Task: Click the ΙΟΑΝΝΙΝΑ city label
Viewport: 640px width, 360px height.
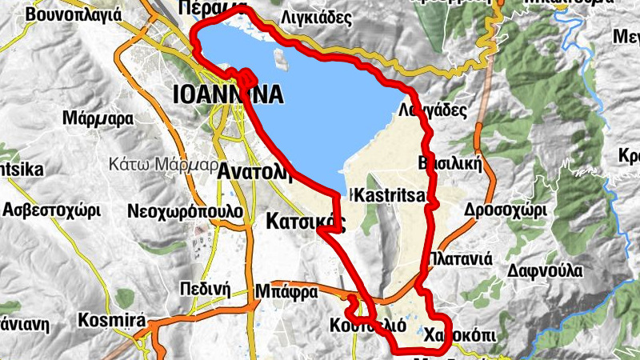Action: [227, 96]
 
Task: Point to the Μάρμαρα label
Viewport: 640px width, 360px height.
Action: [97, 120]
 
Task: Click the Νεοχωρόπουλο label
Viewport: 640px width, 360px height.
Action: [185, 211]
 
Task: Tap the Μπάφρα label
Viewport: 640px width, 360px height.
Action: [287, 290]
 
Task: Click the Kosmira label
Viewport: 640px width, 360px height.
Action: [111, 321]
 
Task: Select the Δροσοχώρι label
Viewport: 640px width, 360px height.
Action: [505, 210]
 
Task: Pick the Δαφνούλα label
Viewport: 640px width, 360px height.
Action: [542, 270]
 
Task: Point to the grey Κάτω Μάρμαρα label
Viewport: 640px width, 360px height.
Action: [163, 165]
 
